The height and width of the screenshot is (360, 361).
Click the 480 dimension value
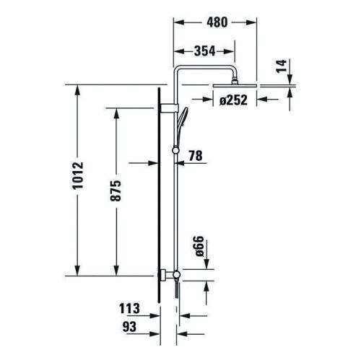[x=216, y=22]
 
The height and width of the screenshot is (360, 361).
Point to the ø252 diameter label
[x=234, y=101]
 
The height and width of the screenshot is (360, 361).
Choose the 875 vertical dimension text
[x=115, y=191]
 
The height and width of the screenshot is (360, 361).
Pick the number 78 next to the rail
[x=195, y=155]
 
